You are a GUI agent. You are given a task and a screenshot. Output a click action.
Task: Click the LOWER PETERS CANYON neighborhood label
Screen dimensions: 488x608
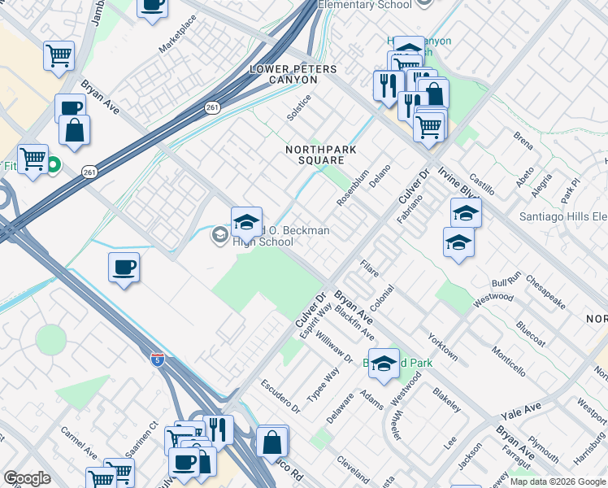pos(293,69)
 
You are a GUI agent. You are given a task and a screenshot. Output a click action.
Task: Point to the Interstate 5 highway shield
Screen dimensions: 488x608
pos(157,358)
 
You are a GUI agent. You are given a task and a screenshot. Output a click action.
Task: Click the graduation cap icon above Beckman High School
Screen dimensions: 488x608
pos(247,220)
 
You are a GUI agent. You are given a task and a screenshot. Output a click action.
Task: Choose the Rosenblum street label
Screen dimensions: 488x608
pos(354,189)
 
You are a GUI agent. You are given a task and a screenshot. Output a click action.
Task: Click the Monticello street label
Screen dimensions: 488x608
pos(508,358)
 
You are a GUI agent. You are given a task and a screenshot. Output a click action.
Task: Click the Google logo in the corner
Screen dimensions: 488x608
pos(27,478)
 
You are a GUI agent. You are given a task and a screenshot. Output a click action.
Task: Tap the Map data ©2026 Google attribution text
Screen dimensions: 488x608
pos(558,481)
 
